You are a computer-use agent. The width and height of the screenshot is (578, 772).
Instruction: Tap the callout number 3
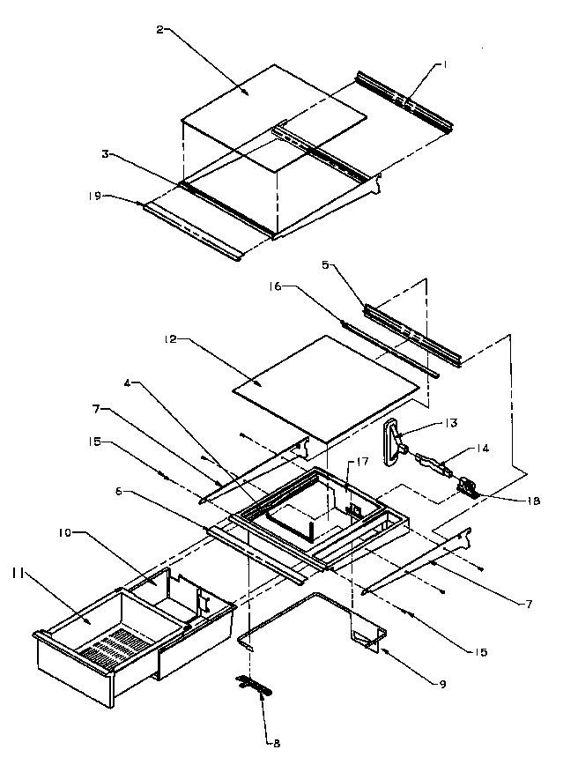coord(105,153)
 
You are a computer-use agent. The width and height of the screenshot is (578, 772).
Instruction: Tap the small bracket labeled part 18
coord(467,487)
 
